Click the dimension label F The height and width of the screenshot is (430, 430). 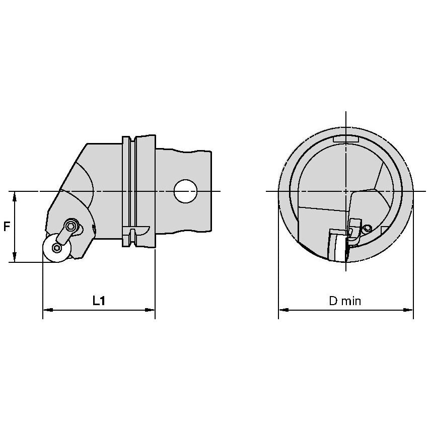coord(7,227)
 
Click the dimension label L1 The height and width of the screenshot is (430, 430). coord(99,301)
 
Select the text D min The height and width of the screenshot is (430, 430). coord(345,301)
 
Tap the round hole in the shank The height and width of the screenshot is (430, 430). coord(185,191)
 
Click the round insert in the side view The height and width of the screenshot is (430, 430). coord(55,248)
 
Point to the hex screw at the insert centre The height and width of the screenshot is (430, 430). coord(56,248)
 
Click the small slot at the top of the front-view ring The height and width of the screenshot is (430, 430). coord(346,138)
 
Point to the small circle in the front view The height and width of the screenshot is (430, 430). coord(368,228)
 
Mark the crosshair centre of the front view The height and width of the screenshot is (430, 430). coord(346,191)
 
